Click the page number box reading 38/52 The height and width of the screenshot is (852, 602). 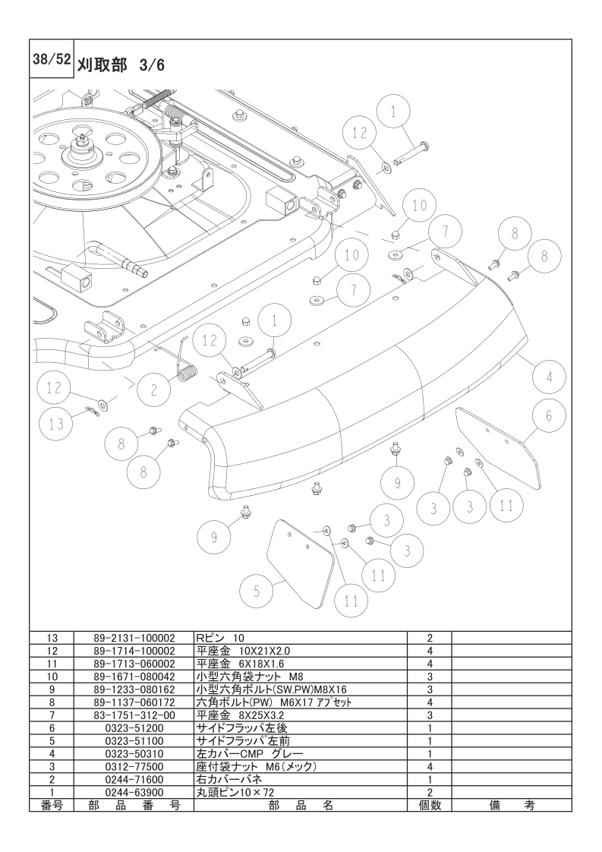51,59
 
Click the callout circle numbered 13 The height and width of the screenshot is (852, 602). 56,424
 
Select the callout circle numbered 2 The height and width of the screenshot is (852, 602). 154,389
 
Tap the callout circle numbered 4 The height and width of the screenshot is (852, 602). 549,377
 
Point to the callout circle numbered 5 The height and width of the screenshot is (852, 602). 257,592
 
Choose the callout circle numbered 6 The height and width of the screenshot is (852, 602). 548,415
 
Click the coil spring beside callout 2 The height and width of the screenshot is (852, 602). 185,365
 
